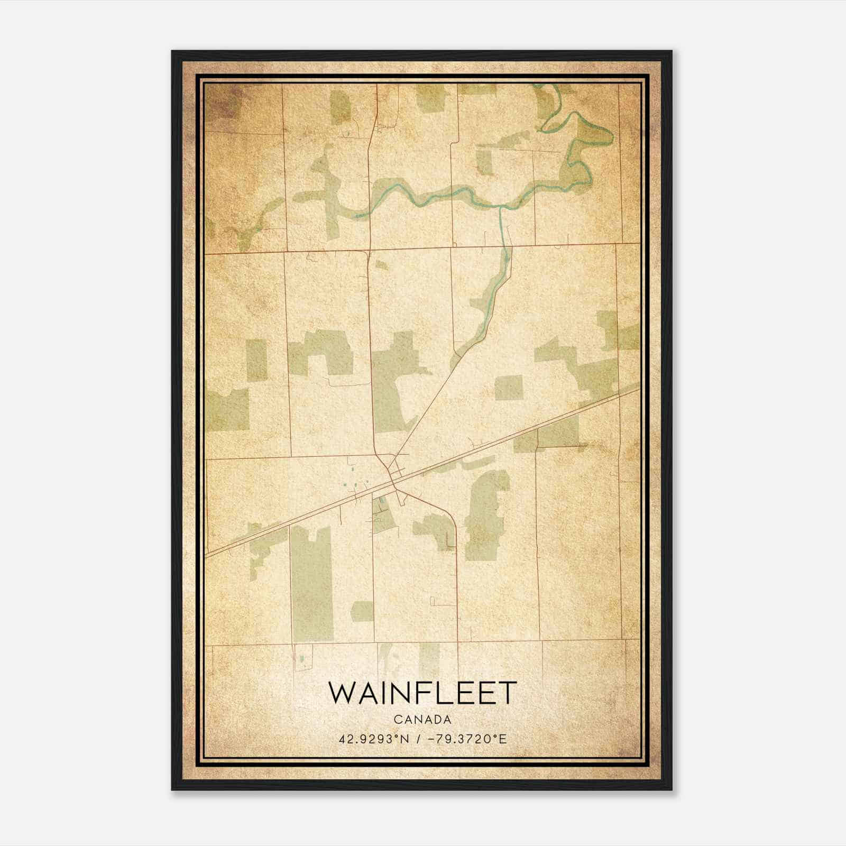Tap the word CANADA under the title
(x=422, y=719)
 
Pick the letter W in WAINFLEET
(x=341, y=693)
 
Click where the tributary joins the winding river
(x=500, y=207)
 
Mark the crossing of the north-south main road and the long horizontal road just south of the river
(x=370, y=249)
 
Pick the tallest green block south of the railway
(x=312, y=582)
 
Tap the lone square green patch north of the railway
(x=508, y=388)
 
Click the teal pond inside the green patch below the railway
(x=379, y=499)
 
